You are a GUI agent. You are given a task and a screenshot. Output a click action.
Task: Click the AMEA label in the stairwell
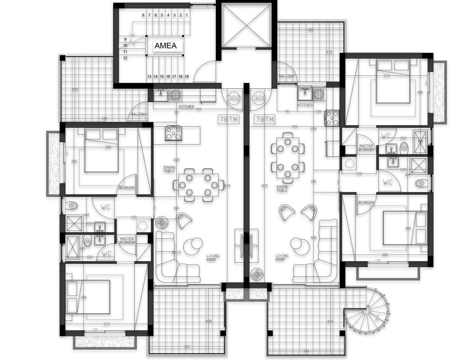(165, 46)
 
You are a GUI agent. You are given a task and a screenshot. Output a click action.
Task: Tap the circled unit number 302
(234, 98)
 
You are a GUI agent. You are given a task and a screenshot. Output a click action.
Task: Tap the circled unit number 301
(259, 98)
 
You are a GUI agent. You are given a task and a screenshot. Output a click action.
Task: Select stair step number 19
(186, 77)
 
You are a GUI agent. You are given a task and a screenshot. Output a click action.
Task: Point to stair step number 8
(143, 15)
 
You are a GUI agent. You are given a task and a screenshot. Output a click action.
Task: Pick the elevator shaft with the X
(247, 25)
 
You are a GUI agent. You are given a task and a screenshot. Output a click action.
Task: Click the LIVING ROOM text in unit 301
(282, 257)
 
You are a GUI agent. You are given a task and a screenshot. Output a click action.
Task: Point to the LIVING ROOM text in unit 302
(213, 257)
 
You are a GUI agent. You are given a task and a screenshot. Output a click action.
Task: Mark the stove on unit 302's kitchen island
(173, 133)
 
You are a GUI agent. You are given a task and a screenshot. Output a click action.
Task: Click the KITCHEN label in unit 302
(186, 107)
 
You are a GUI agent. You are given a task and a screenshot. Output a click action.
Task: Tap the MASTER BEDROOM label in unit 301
(366, 148)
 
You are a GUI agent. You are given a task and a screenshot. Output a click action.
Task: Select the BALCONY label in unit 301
(287, 76)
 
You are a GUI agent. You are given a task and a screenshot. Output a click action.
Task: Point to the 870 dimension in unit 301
(265, 185)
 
